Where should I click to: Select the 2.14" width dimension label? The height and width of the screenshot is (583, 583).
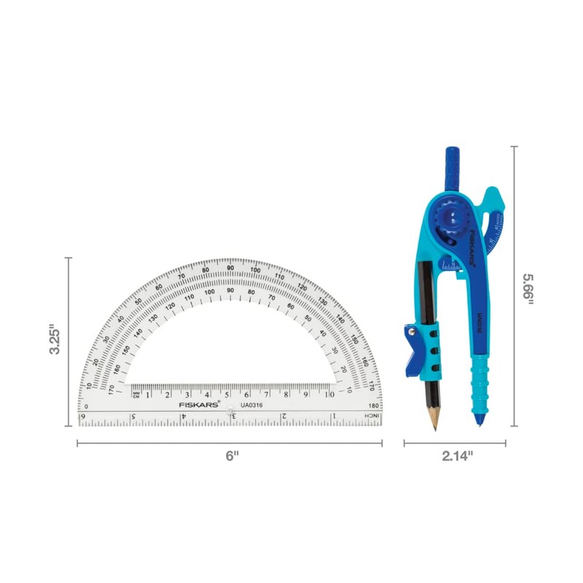click(457, 455)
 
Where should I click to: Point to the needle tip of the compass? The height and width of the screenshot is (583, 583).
click(481, 422)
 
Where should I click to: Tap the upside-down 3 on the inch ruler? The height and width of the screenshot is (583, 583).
click(232, 416)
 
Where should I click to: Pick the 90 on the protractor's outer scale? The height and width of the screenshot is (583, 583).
click(230, 268)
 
